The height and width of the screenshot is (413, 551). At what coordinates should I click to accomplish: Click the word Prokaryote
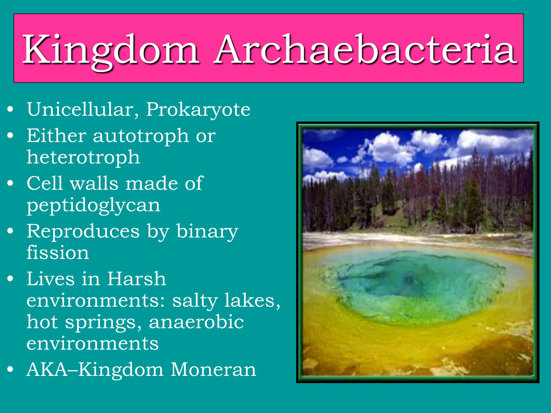(x=198, y=110)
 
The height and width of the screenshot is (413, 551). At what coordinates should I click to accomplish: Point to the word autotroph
(x=141, y=136)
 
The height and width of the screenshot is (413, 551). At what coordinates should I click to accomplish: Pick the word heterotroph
(x=83, y=157)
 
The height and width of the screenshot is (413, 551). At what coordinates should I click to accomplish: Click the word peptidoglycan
(x=93, y=205)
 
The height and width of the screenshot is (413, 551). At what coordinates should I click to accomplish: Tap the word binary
(x=207, y=232)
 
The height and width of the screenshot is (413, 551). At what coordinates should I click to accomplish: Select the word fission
(x=58, y=252)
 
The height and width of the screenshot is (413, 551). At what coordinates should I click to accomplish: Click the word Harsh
(x=136, y=279)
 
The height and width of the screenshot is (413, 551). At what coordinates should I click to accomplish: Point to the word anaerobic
(x=196, y=322)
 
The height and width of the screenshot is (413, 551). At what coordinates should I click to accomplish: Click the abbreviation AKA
(x=47, y=370)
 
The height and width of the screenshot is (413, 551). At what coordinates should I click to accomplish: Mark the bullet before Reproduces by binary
(x=10, y=231)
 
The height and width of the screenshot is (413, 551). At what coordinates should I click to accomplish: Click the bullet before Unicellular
(x=10, y=109)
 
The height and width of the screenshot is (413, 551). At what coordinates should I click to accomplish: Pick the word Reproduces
(x=83, y=232)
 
